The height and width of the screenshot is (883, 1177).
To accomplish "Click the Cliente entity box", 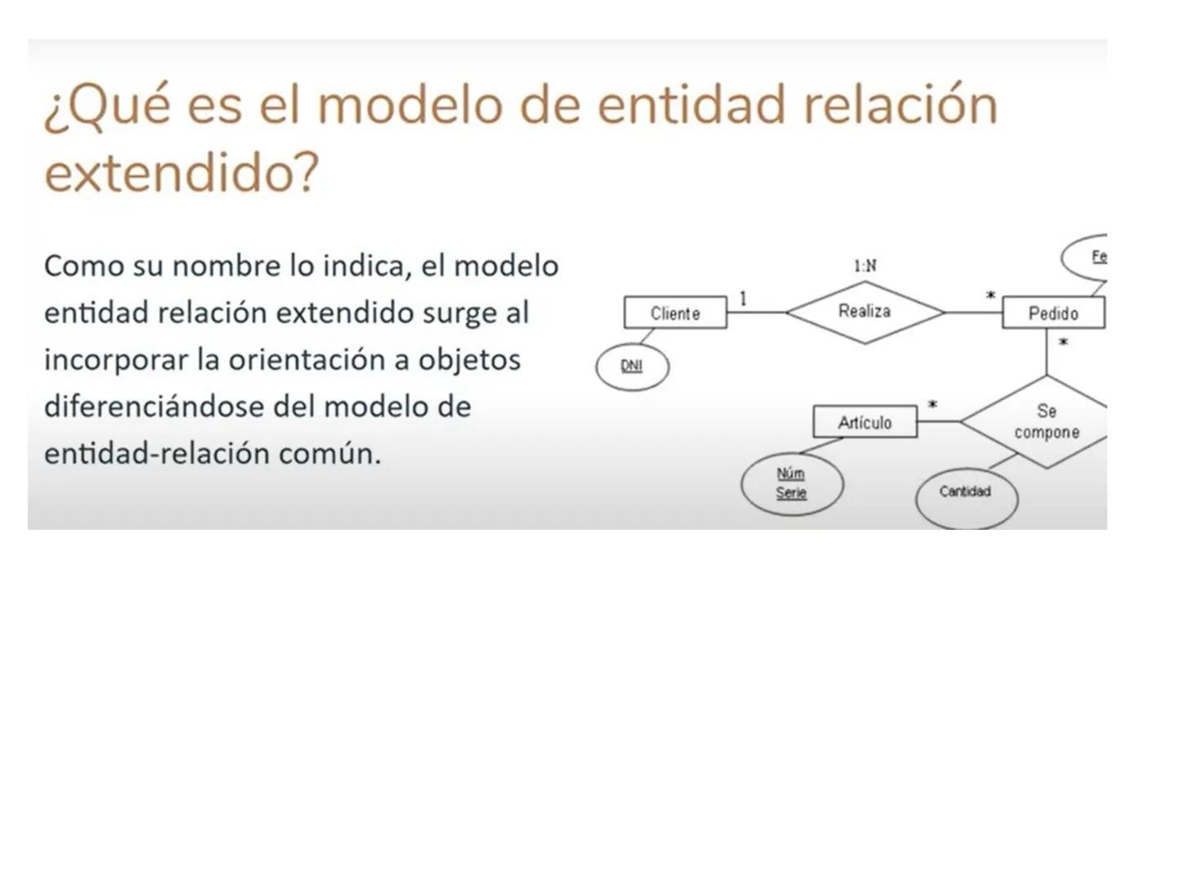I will tap(675, 312).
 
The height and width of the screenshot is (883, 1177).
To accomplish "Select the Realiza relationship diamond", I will tap(865, 312).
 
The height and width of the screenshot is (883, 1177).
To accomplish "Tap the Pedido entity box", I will tap(1053, 312).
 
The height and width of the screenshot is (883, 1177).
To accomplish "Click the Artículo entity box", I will tap(865, 422).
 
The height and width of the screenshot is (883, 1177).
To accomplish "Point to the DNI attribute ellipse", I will tap(632, 365).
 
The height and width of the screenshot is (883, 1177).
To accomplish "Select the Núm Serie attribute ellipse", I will tap(791, 483).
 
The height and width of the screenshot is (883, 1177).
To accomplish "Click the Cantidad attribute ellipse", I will tap(965, 493).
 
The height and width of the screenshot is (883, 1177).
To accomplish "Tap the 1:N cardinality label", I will tap(865, 266).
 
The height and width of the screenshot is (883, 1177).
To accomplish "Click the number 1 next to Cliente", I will tap(743, 298).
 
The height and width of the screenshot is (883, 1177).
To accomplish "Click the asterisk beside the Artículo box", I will tap(933, 405).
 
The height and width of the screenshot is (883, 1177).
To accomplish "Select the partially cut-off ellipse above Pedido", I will tap(1087, 257).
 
